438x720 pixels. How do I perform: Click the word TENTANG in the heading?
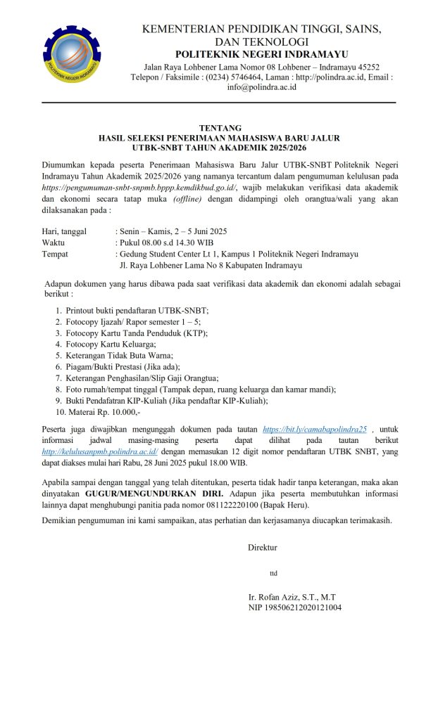219,128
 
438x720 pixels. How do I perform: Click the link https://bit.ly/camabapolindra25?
315,428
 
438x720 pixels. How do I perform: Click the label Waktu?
54,243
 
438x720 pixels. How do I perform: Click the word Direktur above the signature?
263,546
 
